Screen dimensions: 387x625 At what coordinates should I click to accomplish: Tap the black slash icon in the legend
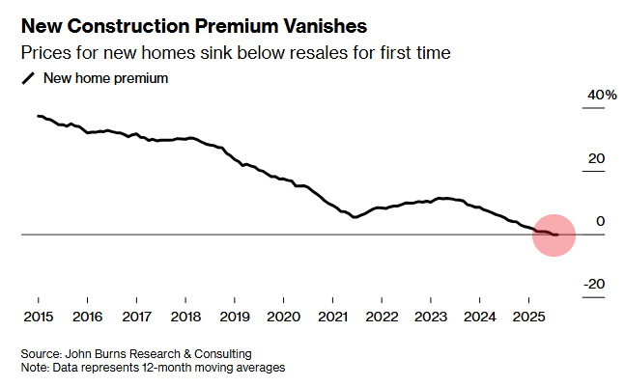(x=28, y=79)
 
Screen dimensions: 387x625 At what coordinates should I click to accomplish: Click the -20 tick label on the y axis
(x=594, y=284)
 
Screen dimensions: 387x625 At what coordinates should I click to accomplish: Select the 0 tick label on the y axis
(x=601, y=221)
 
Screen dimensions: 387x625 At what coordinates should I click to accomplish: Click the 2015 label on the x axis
(x=38, y=317)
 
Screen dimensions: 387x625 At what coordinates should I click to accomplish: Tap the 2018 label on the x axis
(x=185, y=317)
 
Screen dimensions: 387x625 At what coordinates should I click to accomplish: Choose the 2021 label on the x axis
(x=332, y=317)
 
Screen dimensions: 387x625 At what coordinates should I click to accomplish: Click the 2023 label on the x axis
(x=431, y=317)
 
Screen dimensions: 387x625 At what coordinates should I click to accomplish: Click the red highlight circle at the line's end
(x=554, y=235)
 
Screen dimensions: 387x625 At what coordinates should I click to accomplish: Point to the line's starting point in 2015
(x=38, y=116)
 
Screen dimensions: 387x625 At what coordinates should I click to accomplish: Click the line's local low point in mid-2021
(x=355, y=217)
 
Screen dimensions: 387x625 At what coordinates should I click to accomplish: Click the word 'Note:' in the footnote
(x=36, y=368)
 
